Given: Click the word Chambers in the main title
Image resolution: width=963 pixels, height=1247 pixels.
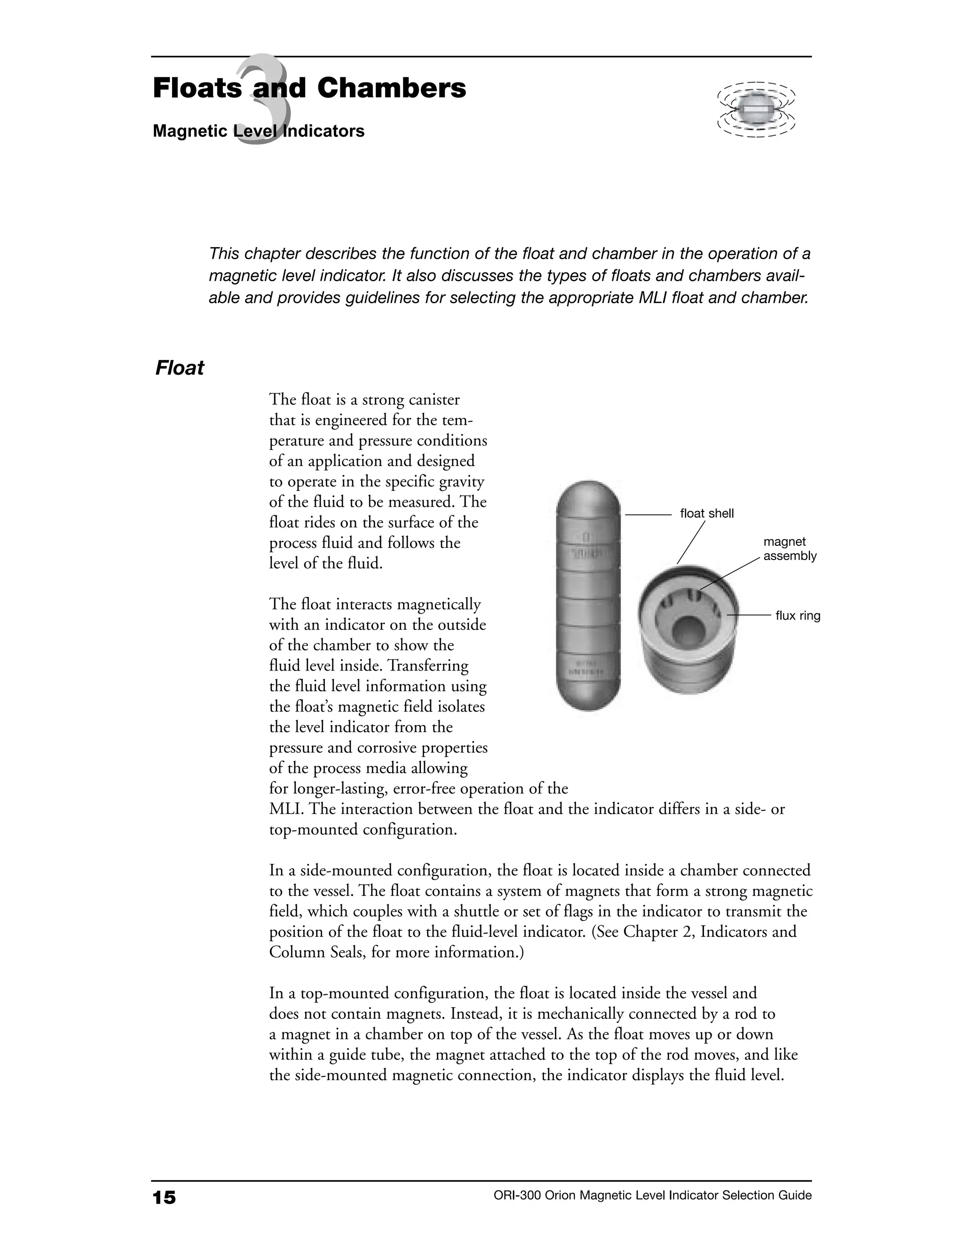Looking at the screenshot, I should click(391, 88).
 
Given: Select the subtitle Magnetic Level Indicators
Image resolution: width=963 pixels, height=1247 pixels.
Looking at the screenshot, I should click(259, 131).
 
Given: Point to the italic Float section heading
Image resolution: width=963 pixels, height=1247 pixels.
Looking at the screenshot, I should click(179, 368).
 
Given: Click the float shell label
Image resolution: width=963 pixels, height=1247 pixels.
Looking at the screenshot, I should click(706, 513).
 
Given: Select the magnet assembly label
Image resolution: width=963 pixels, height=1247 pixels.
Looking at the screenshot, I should click(789, 549).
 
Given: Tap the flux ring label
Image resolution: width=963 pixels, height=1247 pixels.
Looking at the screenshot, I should click(797, 616).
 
